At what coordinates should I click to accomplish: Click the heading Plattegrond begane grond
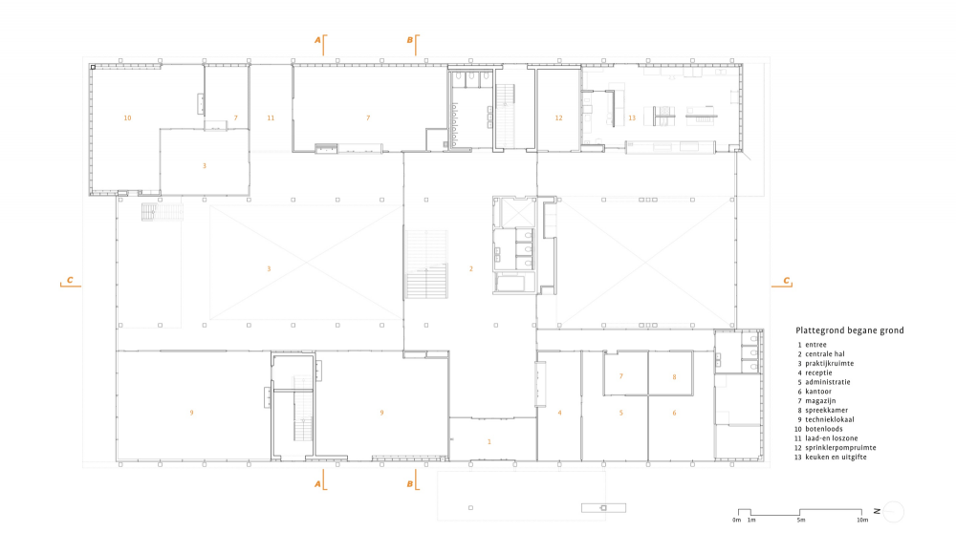click(x=849, y=330)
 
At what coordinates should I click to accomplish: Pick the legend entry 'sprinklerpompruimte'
click(x=840, y=448)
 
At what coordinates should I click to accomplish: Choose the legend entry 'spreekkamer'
click(x=826, y=410)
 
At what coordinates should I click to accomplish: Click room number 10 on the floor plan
click(x=127, y=118)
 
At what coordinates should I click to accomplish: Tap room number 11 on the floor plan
click(x=271, y=118)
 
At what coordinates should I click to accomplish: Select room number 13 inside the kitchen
click(x=632, y=118)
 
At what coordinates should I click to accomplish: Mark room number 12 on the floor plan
click(x=558, y=118)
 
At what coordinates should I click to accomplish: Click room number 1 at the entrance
click(x=489, y=441)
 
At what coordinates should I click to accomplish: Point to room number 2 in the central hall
click(x=470, y=268)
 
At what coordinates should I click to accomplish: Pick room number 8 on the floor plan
click(x=674, y=377)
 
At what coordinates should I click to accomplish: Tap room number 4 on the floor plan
click(x=559, y=413)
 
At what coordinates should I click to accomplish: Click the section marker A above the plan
click(x=317, y=40)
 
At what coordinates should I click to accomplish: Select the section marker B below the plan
click(x=410, y=484)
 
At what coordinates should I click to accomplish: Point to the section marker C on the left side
click(x=70, y=280)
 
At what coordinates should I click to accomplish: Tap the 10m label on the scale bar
click(x=862, y=521)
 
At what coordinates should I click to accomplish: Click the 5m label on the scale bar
click(x=800, y=521)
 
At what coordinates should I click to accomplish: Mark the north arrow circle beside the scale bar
click(x=893, y=512)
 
